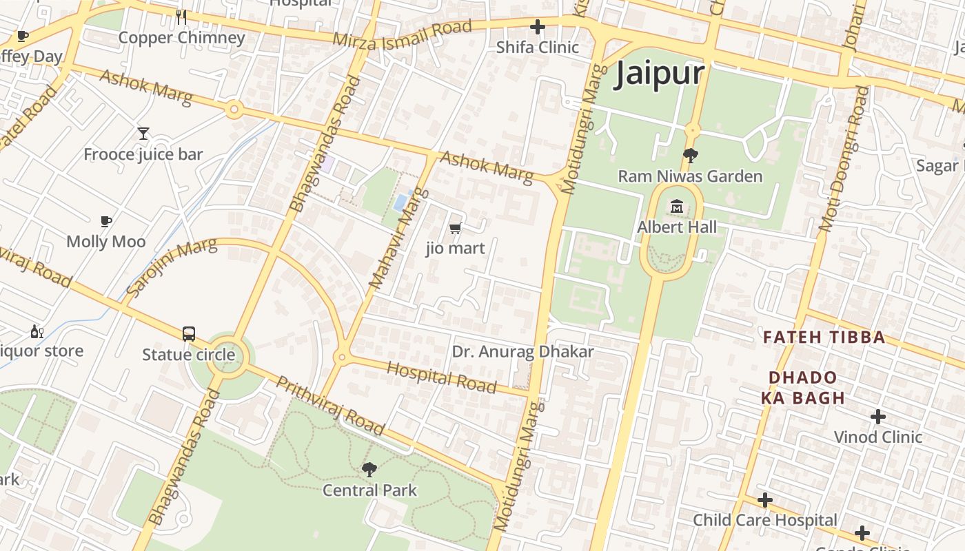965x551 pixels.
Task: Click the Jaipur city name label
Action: pyautogui.click(x=660, y=73)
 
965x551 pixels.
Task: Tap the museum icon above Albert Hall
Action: pyautogui.click(x=676, y=205)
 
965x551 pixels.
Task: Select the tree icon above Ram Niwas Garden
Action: pyautogui.click(x=689, y=156)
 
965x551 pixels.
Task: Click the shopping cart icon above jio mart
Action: pyautogui.click(x=455, y=228)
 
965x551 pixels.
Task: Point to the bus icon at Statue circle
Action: pyautogui.click(x=189, y=334)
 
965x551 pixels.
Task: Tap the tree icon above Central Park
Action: pyautogui.click(x=369, y=470)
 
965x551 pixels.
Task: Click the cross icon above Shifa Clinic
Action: pyautogui.click(x=538, y=28)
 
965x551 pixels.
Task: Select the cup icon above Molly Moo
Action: pyautogui.click(x=106, y=221)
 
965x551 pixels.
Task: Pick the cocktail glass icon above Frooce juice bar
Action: pyautogui.click(x=143, y=134)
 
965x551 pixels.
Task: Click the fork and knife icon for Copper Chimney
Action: pyautogui.click(x=181, y=17)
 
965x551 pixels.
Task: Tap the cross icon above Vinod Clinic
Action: pyautogui.click(x=877, y=417)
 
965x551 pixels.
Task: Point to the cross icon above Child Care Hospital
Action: pyautogui.click(x=764, y=500)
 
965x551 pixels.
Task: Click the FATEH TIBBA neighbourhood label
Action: pyautogui.click(x=824, y=337)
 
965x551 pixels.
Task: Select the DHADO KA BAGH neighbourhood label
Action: pyautogui.click(x=803, y=388)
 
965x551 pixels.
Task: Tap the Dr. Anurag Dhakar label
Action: pyautogui.click(x=522, y=352)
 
